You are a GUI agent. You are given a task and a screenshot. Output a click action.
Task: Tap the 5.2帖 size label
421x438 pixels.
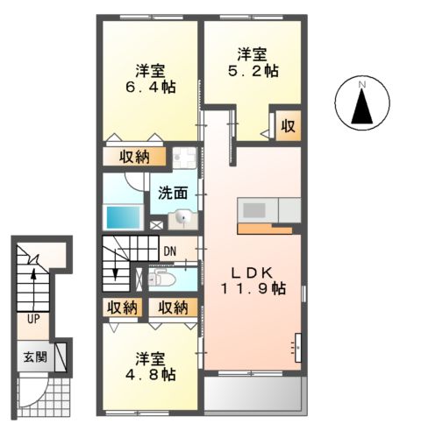247,66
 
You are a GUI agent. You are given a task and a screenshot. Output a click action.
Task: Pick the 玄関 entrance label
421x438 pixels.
35,357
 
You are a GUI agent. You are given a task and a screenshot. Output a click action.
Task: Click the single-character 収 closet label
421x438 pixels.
287,127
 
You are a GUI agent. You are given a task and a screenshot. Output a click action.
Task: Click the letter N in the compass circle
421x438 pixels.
361,85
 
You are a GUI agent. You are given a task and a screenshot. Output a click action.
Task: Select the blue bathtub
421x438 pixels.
124,217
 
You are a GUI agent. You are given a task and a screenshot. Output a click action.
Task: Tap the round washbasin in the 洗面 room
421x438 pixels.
182,219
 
